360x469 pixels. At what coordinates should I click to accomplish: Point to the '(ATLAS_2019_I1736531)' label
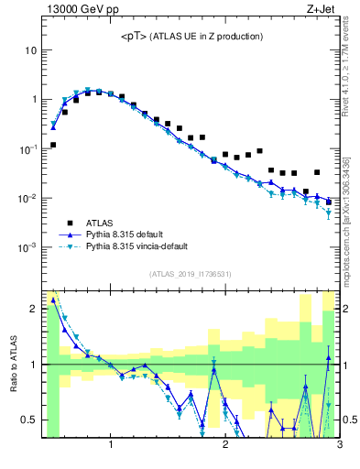click(x=190, y=274)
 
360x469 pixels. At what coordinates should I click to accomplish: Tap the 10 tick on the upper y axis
click(x=29, y=49)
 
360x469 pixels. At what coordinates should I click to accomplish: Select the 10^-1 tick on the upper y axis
click(x=27, y=148)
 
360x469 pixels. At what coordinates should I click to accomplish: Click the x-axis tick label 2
click(x=225, y=446)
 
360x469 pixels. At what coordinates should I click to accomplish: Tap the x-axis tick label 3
click(x=340, y=446)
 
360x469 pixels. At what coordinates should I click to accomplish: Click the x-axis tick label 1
click(x=111, y=446)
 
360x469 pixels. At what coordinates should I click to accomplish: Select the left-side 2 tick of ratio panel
click(x=33, y=309)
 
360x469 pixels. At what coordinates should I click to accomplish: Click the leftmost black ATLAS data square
click(x=53, y=145)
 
